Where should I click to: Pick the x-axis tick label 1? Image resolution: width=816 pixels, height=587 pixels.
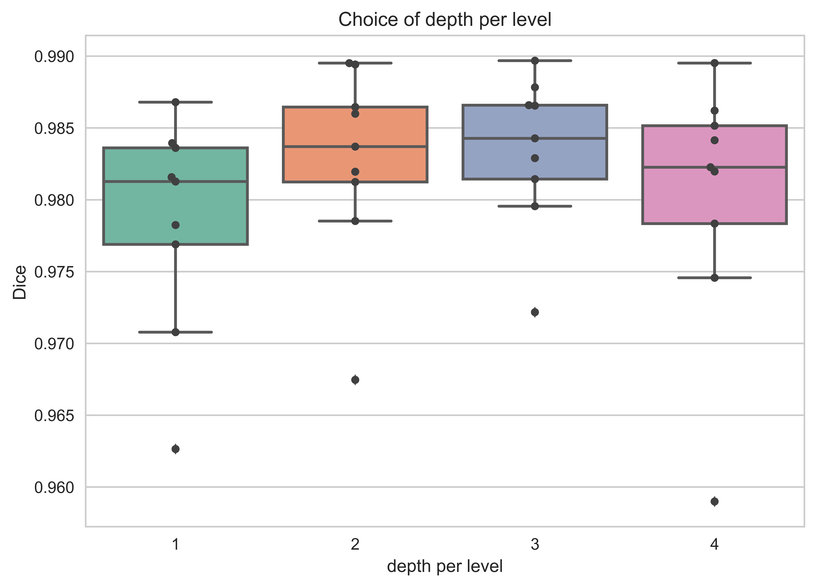click(x=176, y=545)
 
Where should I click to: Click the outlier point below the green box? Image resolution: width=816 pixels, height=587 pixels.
click(x=176, y=449)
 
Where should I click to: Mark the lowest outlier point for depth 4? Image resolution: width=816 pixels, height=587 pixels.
click(x=715, y=501)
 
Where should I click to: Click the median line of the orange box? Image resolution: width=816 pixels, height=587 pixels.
click(x=355, y=146)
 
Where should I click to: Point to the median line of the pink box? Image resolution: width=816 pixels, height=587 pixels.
click(x=715, y=167)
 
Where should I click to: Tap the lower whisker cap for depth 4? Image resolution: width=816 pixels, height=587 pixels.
click(x=715, y=278)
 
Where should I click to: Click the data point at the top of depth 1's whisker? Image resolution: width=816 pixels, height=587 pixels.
click(x=176, y=102)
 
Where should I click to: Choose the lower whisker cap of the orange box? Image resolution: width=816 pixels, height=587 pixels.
click(x=355, y=221)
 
